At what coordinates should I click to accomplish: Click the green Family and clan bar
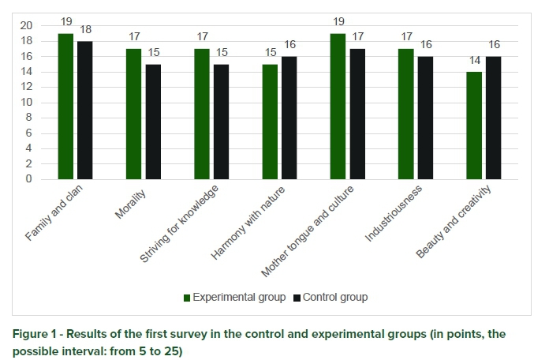[x=65, y=107]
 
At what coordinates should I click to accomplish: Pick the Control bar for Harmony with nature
[x=289, y=118]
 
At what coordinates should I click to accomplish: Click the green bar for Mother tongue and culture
[x=338, y=107]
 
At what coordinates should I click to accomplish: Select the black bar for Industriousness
[x=426, y=118]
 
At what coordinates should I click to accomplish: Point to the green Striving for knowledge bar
[x=202, y=114]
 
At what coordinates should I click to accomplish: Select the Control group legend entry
[x=330, y=298]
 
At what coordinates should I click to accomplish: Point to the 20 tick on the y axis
[x=26, y=26]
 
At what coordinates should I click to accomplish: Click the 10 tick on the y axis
[x=26, y=103]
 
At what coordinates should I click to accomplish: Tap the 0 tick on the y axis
[x=29, y=179]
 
